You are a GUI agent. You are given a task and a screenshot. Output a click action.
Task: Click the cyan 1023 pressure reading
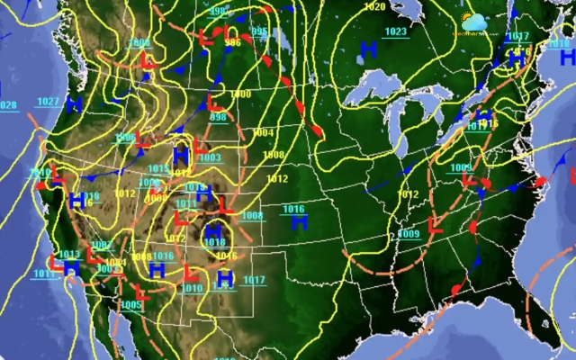pos(395,32)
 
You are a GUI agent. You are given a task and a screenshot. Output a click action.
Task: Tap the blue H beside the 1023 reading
pos(368,48)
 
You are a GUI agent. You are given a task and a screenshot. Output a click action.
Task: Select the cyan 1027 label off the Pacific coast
pos(49,101)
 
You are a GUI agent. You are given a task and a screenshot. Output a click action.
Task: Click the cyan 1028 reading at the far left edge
pos(7,105)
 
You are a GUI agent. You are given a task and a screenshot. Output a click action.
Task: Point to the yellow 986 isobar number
pos(232,42)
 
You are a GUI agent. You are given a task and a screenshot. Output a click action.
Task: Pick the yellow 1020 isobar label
pos(374,7)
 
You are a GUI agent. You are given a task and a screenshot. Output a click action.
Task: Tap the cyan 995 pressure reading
pos(259,32)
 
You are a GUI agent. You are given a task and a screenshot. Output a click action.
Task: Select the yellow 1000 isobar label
pos(241,94)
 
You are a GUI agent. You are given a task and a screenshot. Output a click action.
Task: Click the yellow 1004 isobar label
pos(262,132)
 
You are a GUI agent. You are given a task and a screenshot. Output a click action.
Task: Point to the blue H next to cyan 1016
pos(298,220)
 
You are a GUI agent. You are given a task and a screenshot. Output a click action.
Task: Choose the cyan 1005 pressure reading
pos(130,305)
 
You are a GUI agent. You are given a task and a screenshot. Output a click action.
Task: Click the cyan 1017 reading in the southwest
pos(254,281)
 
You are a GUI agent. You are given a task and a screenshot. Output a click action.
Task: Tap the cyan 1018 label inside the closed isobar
pos(214,242)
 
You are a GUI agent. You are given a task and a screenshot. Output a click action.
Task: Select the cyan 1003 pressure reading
pos(209,158)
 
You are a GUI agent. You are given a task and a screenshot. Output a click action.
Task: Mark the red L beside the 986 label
pos(205,39)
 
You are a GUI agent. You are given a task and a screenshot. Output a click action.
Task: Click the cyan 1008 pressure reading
pos(252,215)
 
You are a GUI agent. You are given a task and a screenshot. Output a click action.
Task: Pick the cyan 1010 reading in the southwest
pos(192,288)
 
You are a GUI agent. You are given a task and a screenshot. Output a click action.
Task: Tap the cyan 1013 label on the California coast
pos(69,255)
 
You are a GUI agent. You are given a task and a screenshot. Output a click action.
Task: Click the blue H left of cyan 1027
pos(2,88)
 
